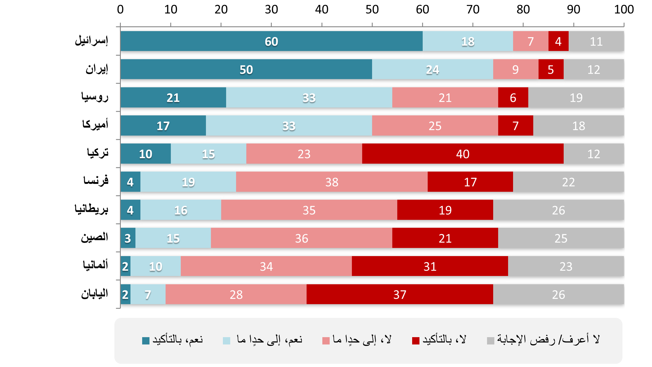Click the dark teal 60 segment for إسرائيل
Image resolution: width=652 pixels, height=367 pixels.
[271, 41]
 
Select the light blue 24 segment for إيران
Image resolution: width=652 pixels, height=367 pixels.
[432, 69]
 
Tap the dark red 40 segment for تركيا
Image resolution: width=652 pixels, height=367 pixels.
[462, 154]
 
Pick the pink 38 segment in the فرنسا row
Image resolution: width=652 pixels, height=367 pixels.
[332, 182]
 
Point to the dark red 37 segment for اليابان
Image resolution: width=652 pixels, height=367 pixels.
[400, 294]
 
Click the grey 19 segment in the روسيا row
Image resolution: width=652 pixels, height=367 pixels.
[576, 97]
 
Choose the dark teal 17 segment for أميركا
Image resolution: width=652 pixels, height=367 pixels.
[163, 126]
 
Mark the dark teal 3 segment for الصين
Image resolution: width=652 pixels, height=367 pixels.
[128, 238]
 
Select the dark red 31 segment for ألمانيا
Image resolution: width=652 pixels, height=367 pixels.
[430, 266]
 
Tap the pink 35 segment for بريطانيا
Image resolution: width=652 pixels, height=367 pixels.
[309, 210]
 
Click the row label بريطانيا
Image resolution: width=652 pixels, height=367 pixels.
[91, 209]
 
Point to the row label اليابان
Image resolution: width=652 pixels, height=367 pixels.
[94, 294]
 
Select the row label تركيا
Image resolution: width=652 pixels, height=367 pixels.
[97, 153]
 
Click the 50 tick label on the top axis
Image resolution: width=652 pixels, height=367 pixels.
[372, 10]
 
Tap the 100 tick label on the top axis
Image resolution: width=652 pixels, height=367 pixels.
[624, 10]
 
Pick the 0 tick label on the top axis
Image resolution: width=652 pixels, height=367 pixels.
[120, 10]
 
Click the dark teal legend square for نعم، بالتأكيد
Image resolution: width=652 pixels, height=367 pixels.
[146, 341]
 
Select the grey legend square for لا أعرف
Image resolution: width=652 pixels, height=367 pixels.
[491, 341]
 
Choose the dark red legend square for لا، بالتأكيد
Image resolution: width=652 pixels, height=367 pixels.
[416, 341]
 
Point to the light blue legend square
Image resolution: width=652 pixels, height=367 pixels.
[226, 341]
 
